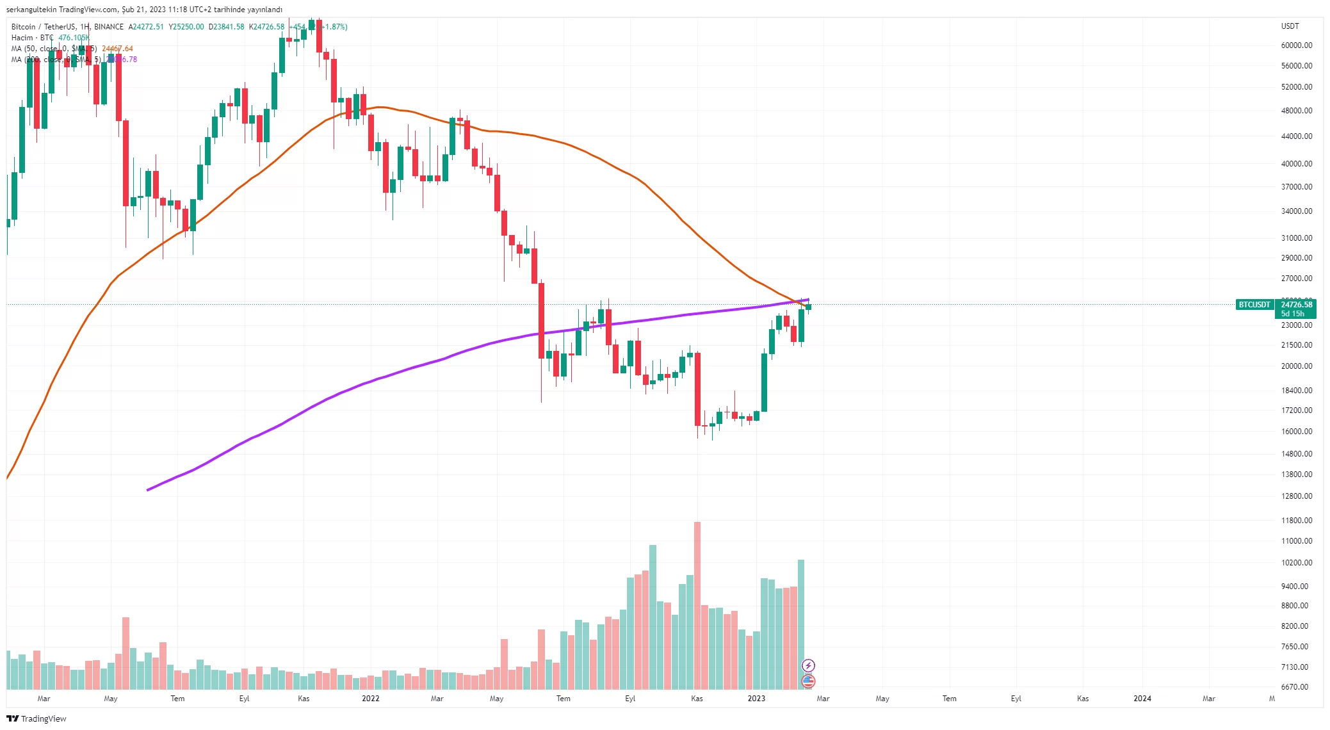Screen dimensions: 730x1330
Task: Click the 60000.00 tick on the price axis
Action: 1296,45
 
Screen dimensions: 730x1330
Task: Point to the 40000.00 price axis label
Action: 1296,164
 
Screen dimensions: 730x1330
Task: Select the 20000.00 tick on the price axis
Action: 1296,366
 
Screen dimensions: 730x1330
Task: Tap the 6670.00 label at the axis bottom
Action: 1294,687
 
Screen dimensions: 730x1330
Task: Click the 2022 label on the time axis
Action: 370,699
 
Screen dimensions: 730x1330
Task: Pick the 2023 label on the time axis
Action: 756,699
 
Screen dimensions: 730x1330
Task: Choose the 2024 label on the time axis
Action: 1142,699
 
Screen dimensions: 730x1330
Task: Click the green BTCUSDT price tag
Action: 1254,305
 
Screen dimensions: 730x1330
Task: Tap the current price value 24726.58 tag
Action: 1296,305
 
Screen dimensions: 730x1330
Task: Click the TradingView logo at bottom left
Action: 36,718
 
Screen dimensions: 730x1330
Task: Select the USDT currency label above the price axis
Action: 1290,26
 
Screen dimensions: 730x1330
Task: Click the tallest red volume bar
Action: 697,605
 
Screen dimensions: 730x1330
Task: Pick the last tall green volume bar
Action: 800,624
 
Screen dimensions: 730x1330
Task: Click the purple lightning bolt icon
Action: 808,665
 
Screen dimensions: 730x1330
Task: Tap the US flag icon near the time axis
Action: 808,681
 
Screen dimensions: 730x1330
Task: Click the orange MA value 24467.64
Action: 117,49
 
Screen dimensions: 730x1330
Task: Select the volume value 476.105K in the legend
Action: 74,38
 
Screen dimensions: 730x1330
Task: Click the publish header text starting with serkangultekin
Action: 144,10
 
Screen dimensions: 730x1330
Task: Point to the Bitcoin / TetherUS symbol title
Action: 43,27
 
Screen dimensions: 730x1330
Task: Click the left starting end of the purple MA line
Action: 148,490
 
